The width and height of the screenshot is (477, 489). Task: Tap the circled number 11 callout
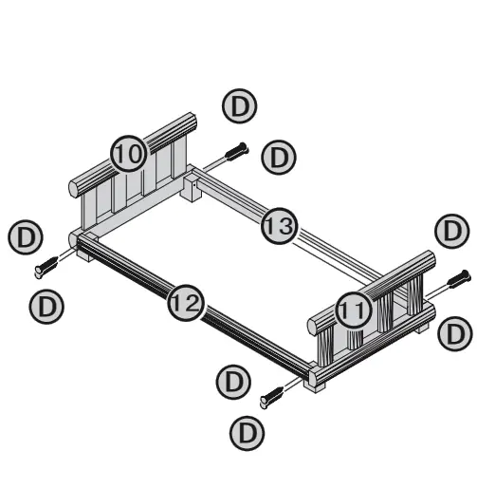pyautogui.click(x=353, y=309)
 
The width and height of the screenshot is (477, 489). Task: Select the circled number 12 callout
pyautogui.click(x=185, y=304)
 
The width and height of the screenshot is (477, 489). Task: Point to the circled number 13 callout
pyautogui.click(x=279, y=226)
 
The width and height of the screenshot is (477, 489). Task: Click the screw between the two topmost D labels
pyautogui.click(x=237, y=152)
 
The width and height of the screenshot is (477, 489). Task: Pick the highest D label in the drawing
pyautogui.click(x=239, y=106)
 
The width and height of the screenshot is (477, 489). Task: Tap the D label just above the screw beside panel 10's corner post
pyautogui.click(x=21, y=236)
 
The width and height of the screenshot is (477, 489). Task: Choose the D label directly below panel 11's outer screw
pyautogui.click(x=457, y=333)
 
